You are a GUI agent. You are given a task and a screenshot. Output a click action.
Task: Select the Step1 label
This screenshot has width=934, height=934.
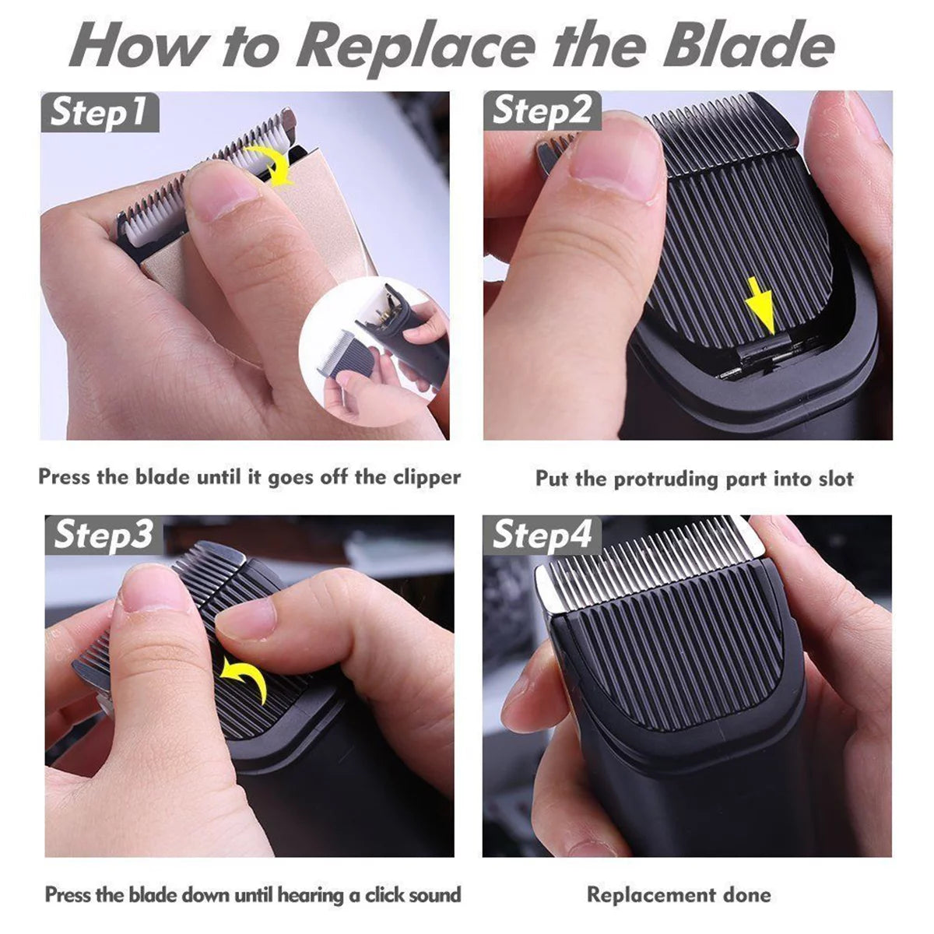click(x=100, y=113)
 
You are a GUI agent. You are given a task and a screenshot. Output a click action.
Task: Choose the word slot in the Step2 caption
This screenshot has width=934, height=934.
click(x=835, y=479)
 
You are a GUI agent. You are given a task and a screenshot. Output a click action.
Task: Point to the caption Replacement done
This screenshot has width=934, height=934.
click(x=679, y=894)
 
